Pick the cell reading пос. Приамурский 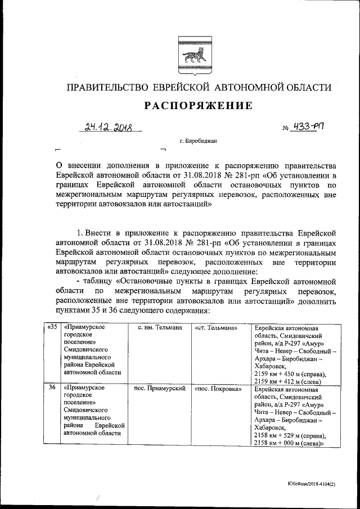[x=159, y=388]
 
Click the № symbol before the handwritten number [x=278, y=129]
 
